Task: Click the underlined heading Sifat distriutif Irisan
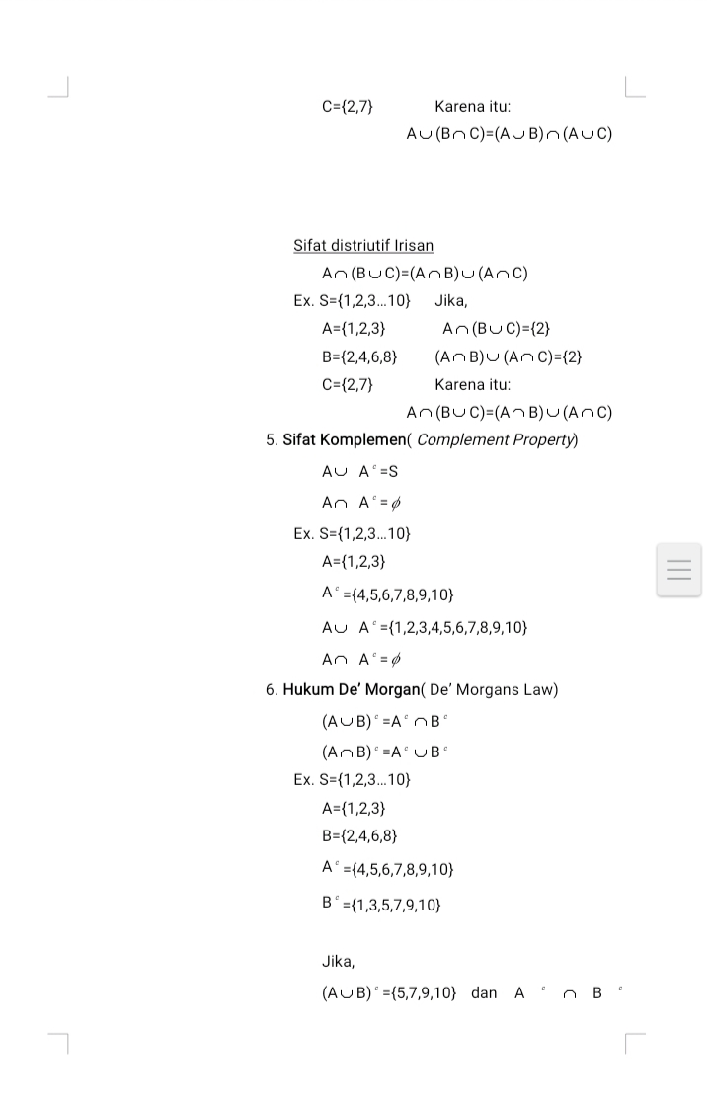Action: (362, 245)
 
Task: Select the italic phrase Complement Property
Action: (497, 439)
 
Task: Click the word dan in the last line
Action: (484, 992)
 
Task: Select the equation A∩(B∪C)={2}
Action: (497, 328)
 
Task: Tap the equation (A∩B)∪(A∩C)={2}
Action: (508, 356)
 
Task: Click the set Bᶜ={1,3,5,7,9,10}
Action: (381, 903)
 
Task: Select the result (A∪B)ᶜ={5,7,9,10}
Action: (389, 992)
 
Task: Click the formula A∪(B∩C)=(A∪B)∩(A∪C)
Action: (509, 134)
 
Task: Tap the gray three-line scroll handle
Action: (678, 570)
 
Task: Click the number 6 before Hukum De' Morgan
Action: (270, 689)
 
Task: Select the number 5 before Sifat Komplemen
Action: (270, 439)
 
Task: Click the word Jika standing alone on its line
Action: (338, 961)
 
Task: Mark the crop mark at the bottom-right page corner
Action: (633, 1043)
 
